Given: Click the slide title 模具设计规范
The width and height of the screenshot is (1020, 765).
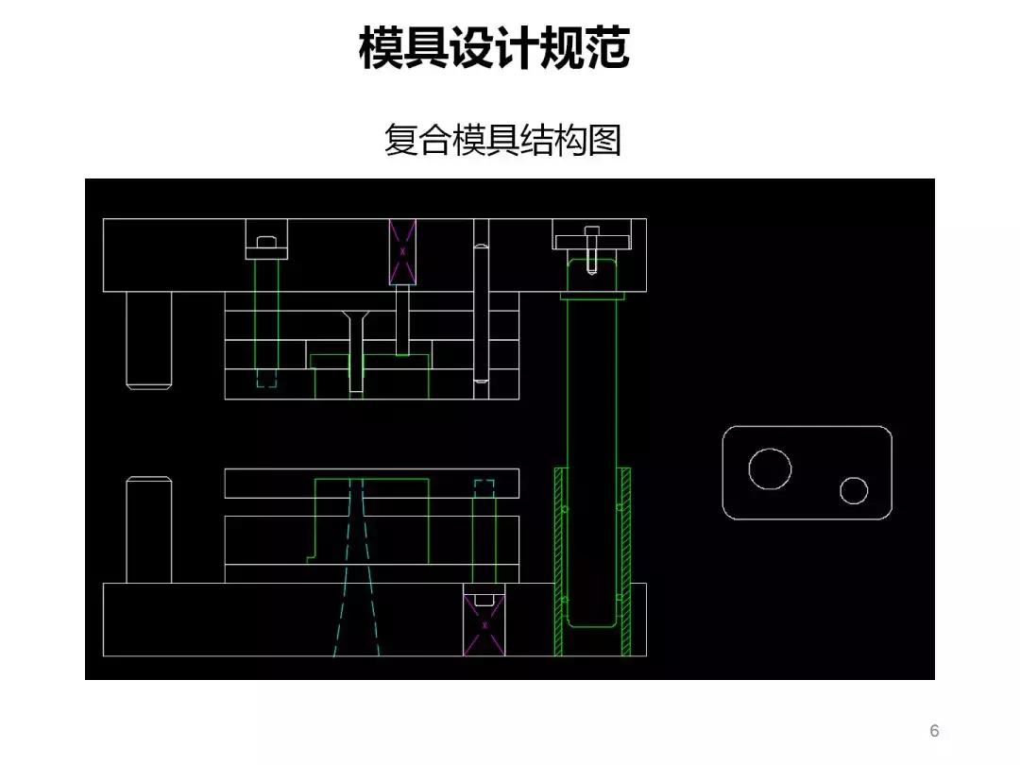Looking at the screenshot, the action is [x=494, y=48].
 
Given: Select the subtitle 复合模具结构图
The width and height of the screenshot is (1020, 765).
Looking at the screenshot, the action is [x=501, y=140].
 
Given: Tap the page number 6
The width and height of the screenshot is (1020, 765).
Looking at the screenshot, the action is [x=934, y=731].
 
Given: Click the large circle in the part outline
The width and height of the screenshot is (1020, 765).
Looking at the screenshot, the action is [x=770, y=468].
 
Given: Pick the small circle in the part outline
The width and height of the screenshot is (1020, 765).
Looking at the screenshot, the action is [x=854, y=490].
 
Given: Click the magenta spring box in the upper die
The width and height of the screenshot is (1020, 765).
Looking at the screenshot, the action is [x=402, y=251].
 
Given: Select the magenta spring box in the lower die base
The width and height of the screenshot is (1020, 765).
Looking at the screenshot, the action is [x=484, y=623].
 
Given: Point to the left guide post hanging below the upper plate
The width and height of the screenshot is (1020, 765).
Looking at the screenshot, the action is [x=149, y=338].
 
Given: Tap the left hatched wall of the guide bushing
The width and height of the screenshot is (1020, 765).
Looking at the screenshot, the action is [x=558, y=561].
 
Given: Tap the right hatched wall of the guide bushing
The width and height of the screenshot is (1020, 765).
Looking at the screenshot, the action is [x=625, y=561].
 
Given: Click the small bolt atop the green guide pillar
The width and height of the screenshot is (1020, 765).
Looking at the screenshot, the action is [x=591, y=249].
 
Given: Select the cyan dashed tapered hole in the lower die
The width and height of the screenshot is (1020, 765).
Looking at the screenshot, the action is [x=355, y=567].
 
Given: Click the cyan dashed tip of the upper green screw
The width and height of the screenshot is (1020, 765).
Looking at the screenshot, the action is [x=267, y=378].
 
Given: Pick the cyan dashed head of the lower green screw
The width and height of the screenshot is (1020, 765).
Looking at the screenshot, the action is [x=484, y=487].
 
